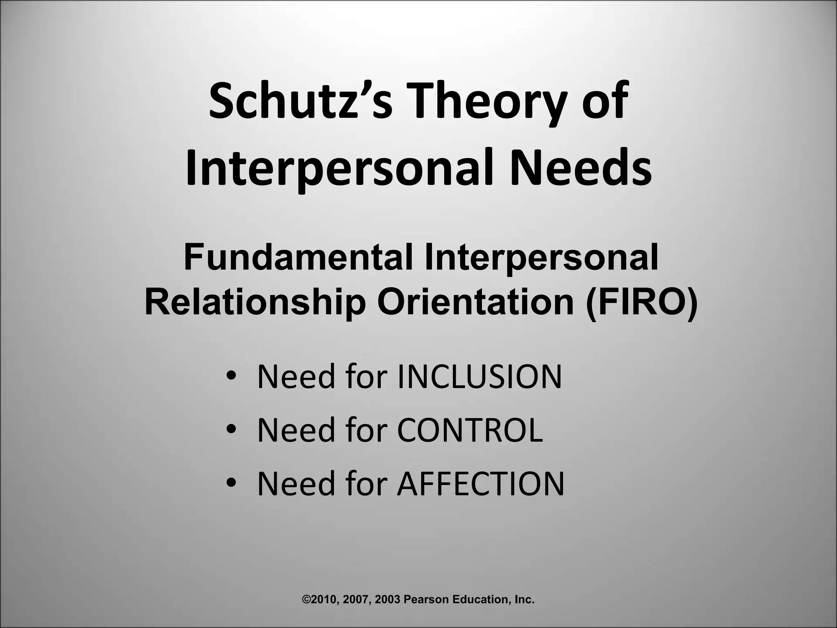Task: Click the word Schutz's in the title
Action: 300,100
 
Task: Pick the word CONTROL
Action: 470,430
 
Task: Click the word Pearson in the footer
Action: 423,600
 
